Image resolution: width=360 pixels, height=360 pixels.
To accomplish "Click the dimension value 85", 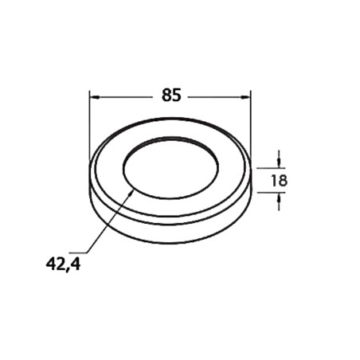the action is tap(171, 95).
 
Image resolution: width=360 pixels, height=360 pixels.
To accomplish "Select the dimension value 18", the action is tap(279, 181).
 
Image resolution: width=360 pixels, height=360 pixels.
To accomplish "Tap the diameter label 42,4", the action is tap(63, 264).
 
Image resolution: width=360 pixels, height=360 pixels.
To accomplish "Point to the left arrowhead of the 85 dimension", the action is tap(95, 97).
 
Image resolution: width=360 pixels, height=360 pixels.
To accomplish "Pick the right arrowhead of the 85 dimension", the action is tap(245, 97).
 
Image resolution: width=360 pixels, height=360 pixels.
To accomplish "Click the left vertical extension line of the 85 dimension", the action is tap(89, 125).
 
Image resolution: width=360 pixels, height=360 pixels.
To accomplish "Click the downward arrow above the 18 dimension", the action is tap(279, 159).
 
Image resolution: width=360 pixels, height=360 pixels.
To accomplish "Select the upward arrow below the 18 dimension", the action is tap(279, 202).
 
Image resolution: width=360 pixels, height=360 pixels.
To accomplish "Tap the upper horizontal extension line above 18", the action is tap(271, 168).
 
